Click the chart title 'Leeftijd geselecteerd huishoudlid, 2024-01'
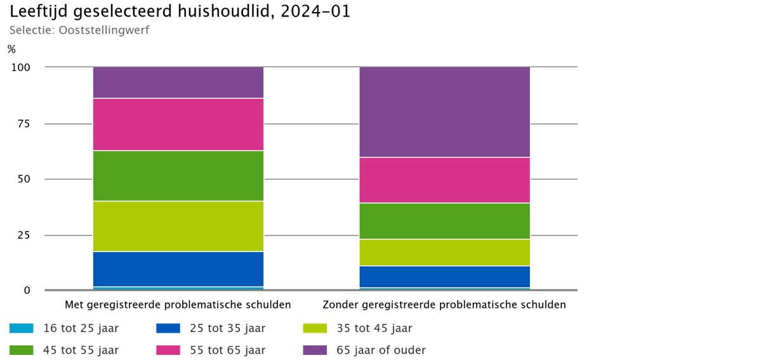pyautogui.click(x=180, y=11)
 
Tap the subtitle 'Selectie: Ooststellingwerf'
pyautogui.click(x=79, y=30)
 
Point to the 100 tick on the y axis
pyautogui.click(x=21, y=67)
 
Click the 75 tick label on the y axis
pyautogui.click(x=23, y=124)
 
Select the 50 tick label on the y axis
pyautogui.click(x=23, y=179)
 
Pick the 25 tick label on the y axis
pyautogui.click(x=23, y=236)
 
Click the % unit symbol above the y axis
pyautogui.click(x=11, y=49)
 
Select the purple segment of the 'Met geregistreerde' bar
pyautogui.click(x=178, y=83)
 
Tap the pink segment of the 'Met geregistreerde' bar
pyautogui.click(x=178, y=124)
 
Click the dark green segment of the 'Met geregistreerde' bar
pyautogui.click(x=178, y=176)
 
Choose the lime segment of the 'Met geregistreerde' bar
pyautogui.click(x=178, y=226)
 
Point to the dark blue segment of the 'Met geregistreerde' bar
pyautogui.click(x=178, y=269)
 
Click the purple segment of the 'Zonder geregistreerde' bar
pyautogui.click(x=445, y=112)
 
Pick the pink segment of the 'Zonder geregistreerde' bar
pyautogui.click(x=445, y=180)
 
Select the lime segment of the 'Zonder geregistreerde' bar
pyautogui.click(x=445, y=253)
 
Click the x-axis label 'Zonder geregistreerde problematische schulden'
pyautogui.click(x=444, y=305)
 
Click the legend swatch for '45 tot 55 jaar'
pyautogui.click(x=22, y=350)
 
